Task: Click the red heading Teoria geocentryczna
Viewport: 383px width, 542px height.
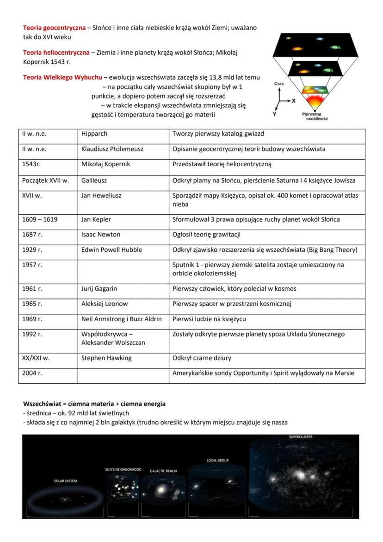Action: [x=54, y=28]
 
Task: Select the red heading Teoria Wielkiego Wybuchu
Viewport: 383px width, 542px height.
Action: [x=62, y=77]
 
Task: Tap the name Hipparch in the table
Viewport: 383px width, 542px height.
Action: [x=94, y=134]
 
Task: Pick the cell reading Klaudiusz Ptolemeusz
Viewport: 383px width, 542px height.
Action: [x=112, y=149]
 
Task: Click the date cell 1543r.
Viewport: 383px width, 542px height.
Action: [x=31, y=164]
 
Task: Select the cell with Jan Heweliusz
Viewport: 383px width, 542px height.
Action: [x=101, y=196]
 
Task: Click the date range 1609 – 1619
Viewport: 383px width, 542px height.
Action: [x=40, y=219]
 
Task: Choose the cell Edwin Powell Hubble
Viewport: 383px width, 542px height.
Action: [x=111, y=250]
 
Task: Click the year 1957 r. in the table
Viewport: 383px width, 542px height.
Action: [x=32, y=265]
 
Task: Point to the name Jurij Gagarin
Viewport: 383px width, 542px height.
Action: [x=99, y=289]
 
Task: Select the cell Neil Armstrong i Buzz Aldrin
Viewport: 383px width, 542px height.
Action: [x=121, y=319]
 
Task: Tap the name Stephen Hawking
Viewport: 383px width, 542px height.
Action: [x=106, y=358]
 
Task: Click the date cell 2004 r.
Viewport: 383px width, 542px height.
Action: [x=32, y=373]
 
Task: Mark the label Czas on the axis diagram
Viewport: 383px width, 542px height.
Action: [x=279, y=84]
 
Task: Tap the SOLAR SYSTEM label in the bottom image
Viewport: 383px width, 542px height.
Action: [x=65, y=481]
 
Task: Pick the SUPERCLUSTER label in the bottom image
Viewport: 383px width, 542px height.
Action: [x=300, y=437]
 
